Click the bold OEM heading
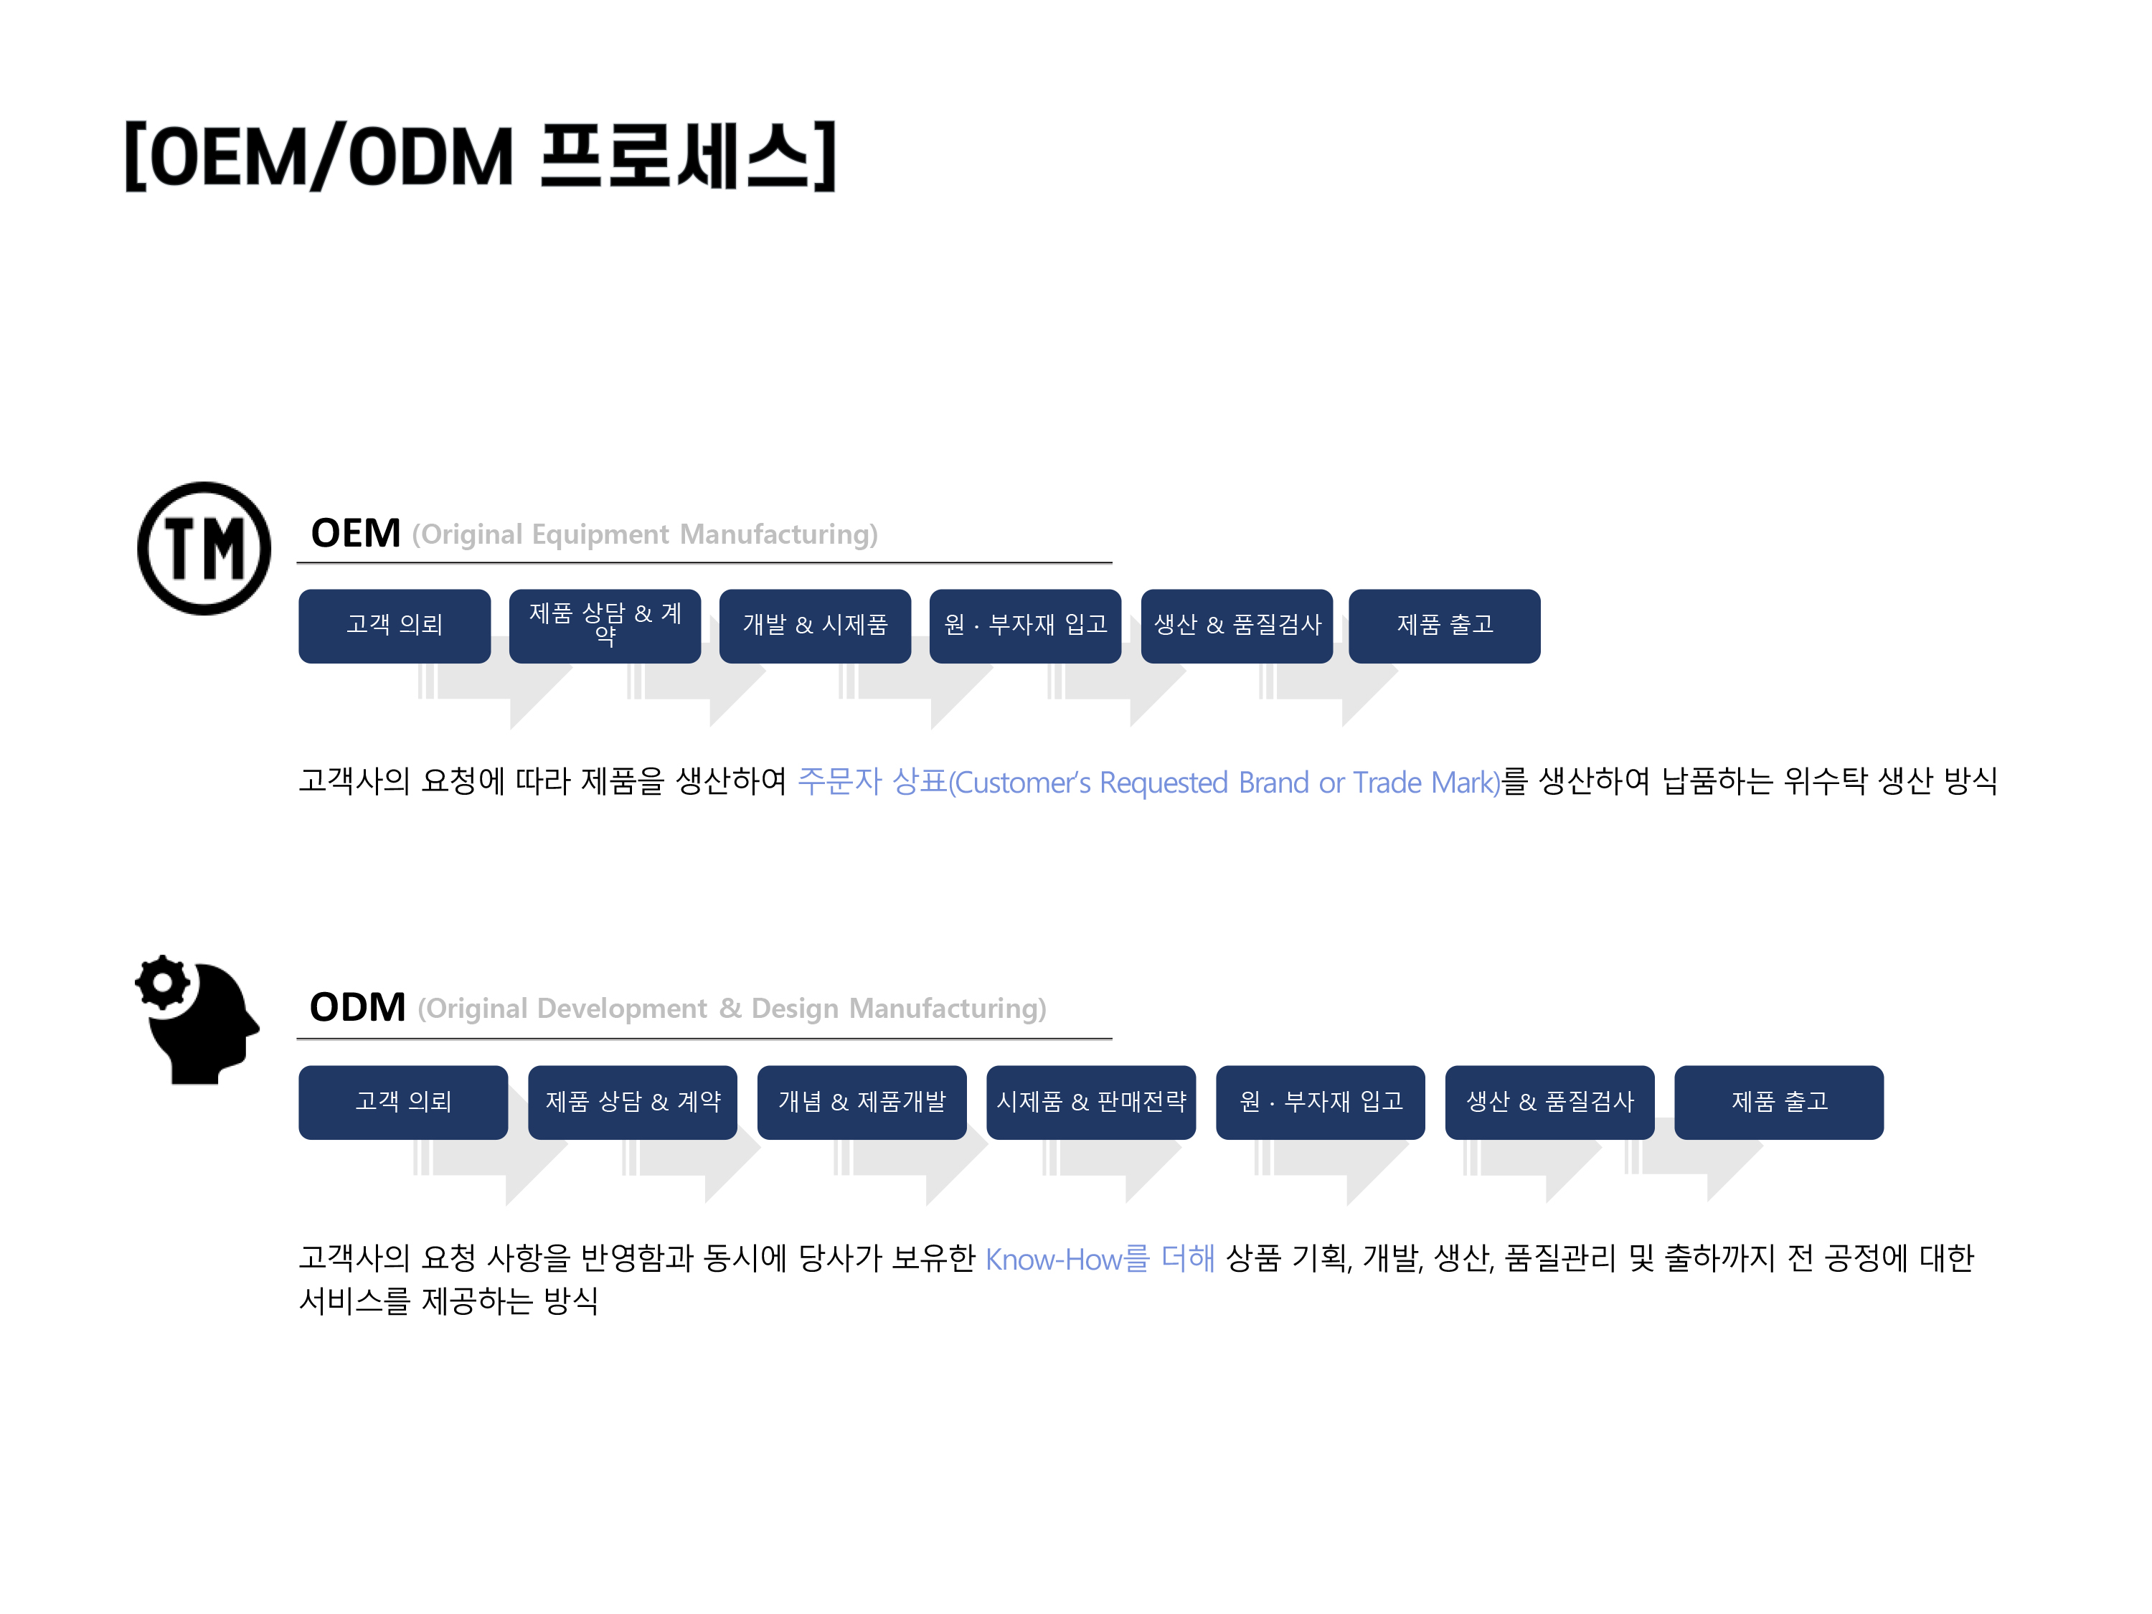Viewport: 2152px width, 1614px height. [355, 533]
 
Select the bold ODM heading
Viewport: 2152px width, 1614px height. [357, 1007]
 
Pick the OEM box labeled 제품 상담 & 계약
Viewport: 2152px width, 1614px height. [604, 626]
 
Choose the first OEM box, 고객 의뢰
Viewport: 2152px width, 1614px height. [394, 626]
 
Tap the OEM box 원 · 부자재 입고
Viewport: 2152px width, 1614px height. [1025, 626]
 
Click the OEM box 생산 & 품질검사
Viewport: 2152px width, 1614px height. [1237, 626]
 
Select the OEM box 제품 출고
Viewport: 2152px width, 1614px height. [1445, 626]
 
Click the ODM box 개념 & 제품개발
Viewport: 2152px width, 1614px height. [862, 1103]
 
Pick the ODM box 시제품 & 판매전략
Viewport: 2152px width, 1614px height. [1090, 1103]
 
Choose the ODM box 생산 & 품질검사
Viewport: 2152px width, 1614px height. [1549, 1103]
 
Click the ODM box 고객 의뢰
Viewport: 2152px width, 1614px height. [402, 1103]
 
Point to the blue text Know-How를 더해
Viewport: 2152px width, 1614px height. [1100, 1259]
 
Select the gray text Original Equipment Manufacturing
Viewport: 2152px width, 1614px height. [644, 534]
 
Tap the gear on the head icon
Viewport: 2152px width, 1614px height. [162, 983]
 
